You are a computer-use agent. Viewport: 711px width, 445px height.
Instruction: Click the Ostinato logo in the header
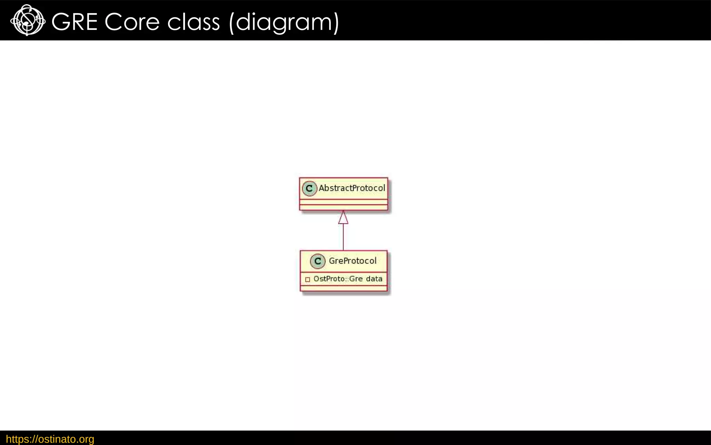click(x=27, y=21)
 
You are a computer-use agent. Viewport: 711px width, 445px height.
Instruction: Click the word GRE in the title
click(x=74, y=22)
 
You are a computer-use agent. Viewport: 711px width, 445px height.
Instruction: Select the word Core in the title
click(x=132, y=22)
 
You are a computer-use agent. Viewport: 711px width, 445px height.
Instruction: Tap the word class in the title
click(x=193, y=22)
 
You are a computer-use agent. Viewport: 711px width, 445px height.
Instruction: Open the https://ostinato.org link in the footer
click(x=50, y=439)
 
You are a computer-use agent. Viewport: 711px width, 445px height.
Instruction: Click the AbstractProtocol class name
click(x=352, y=188)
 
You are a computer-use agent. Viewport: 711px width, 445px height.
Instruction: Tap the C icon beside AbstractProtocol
click(x=309, y=188)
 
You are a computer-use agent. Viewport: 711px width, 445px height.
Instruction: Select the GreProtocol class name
click(x=352, y=261)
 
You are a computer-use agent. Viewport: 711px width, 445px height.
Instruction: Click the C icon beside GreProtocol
click(x=318, y=261)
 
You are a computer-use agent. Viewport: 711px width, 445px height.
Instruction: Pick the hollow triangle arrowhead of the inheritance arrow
click(x=343, y=218)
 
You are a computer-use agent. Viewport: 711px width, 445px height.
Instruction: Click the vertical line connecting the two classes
click(x=343, y=237)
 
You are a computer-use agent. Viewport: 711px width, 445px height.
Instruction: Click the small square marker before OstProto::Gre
click(x=307, y=280)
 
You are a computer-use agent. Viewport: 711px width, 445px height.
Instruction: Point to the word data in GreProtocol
click(x=374, y=279)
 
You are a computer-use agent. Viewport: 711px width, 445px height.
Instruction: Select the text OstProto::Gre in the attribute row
click(x=338, y=279)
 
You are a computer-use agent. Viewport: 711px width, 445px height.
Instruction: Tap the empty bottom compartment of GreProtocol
click(x=343, y=288)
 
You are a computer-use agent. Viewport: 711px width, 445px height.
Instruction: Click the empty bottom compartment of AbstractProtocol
click(x=343, y=208)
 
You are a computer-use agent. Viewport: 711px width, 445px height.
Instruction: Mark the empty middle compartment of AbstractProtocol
click(x=343, y=202)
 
